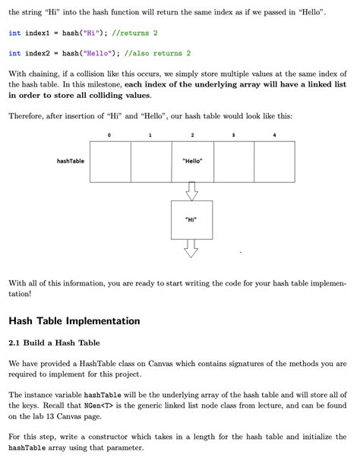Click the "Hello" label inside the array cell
point(192,162)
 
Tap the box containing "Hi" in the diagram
point(191,219)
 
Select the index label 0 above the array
point(109,135)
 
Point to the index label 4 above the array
point(274,135)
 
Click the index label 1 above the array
point(150,135)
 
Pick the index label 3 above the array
point(233,135)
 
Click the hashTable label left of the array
point(71,161)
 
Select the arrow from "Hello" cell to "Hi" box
point(192,191)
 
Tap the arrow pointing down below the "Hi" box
point(191,248)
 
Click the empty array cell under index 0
point(110,162)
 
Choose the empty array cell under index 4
point(274,162)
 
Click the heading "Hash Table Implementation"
point(74,320)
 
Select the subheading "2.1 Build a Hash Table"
point(55,342)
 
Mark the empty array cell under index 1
point(151,162)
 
